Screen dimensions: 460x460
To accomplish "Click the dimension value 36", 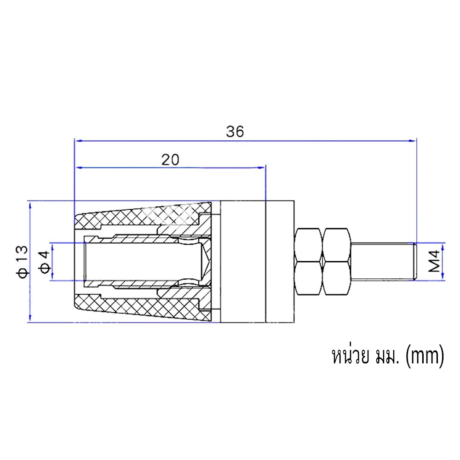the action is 235,132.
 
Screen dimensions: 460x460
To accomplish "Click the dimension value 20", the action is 170,160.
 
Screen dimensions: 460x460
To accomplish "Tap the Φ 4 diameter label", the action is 45,262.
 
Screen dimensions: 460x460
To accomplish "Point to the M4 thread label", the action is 435,261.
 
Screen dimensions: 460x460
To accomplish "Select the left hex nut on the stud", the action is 309,262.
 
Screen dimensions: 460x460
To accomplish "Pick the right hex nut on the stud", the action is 337,262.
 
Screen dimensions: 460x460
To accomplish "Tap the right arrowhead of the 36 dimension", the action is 413,141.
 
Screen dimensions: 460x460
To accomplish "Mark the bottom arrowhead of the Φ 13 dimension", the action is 30,318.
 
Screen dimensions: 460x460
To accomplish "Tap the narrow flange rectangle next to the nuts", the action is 280,262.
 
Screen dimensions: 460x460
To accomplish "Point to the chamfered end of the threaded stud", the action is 415,261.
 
